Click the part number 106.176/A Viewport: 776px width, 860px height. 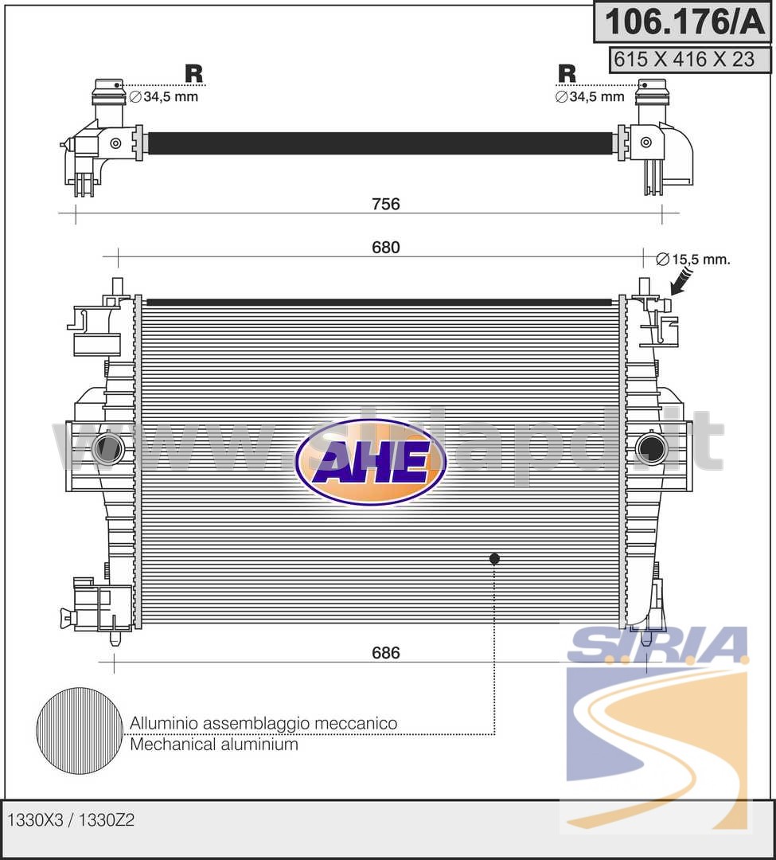pos(684,22)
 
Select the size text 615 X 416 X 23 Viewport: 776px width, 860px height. pos(684,59)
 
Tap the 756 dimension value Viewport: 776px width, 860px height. pos(386,204)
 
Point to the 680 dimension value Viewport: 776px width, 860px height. pos(386,248)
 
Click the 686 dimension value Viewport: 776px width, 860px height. pos(386,653)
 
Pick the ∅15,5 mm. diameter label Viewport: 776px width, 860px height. pos(693,259)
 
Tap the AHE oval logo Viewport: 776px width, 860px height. pos(371,462)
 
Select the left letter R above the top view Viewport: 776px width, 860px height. pos(193,73)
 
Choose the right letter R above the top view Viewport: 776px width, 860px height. pos(567,73)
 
